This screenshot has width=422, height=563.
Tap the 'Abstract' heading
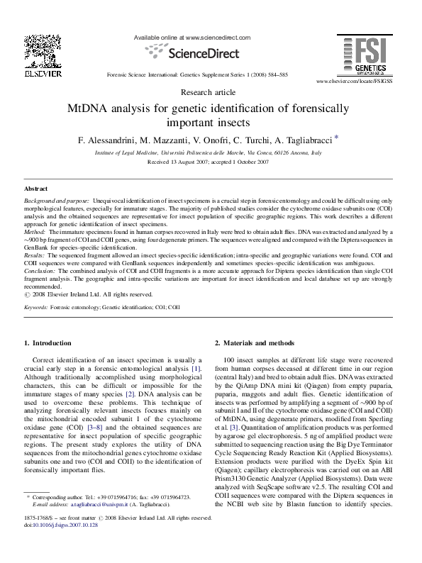point(36,189)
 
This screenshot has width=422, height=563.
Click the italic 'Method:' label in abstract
point(35,232)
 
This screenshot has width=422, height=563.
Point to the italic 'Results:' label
point(35,253)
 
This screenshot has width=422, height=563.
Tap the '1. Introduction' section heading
point(48,343)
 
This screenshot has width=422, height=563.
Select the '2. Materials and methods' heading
point(255,343)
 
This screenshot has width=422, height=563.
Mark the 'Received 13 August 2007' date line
point(208,162)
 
